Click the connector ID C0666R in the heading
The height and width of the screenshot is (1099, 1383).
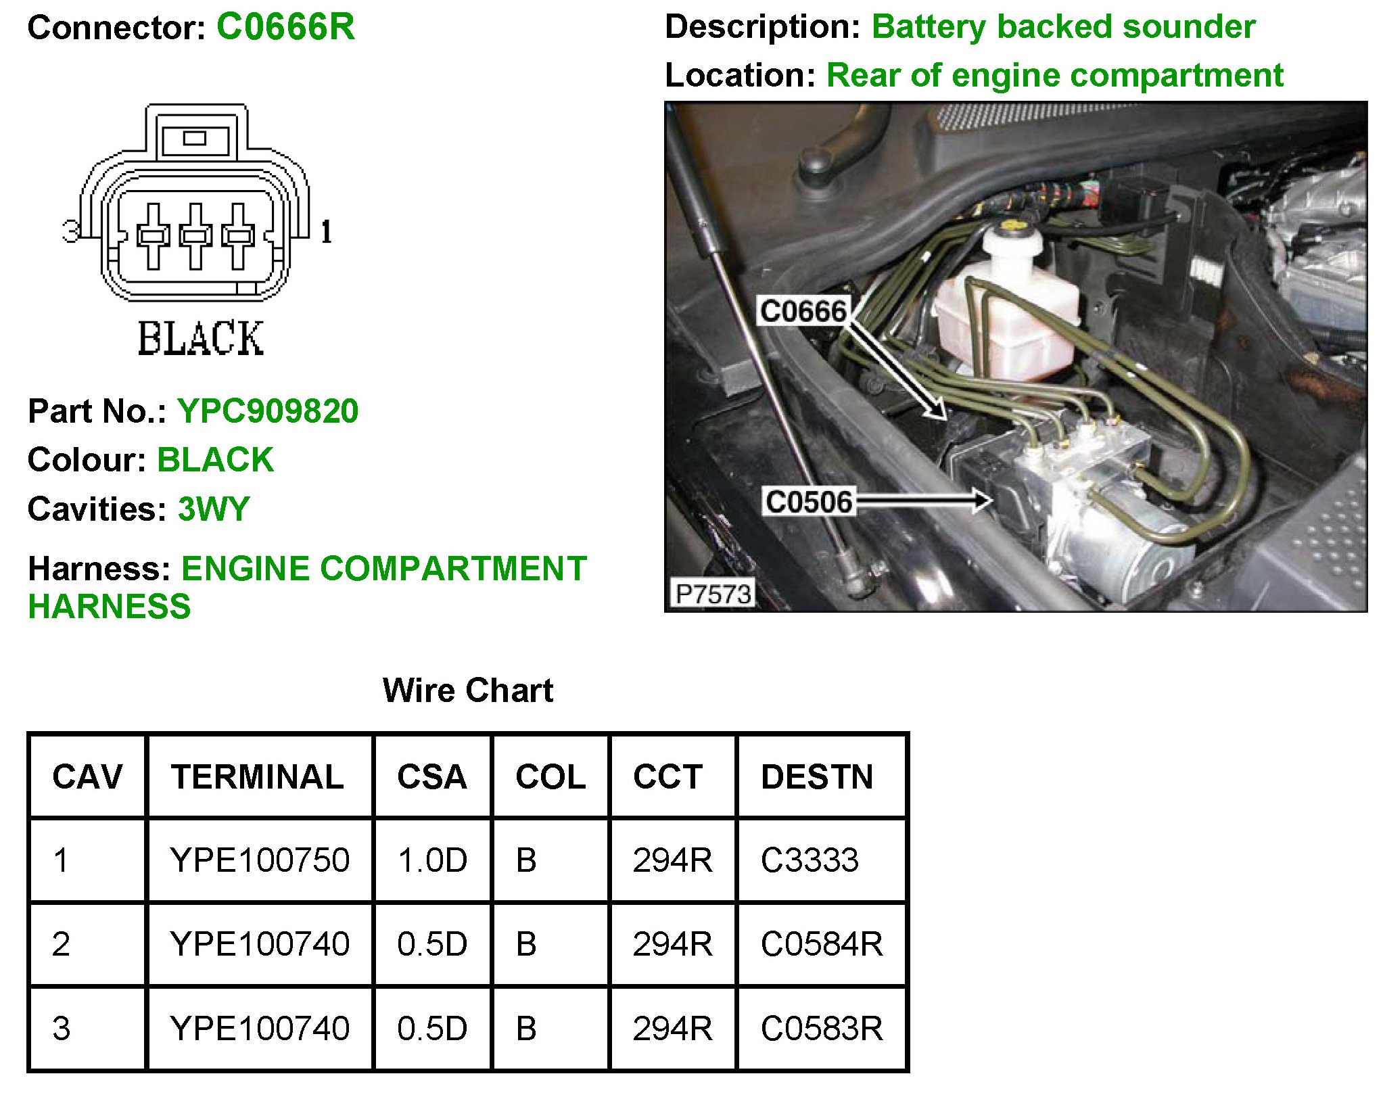pyautogui.click(x=285, y=28)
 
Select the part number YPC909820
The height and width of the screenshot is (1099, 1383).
pyautogui.click(x=268, y=411)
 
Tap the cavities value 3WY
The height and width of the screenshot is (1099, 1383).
pyautogui.click(x=214, y=509)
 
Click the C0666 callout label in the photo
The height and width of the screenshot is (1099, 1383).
pyautogui.click(x=803, y=311)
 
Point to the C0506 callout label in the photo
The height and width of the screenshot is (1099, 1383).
pyautogui.click(x=808, y=502)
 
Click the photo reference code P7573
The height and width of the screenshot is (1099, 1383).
pyautogui.click(x=713, y=594)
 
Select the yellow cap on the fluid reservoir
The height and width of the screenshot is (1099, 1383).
pyautogui.click(x=1012, y=224)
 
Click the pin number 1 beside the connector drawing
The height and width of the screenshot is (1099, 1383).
pyautogui.click(x=326, y=232)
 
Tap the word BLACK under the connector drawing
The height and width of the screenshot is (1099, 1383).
pyautogui.click(x=200, y=338)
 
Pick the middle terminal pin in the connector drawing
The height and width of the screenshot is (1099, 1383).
pyautogui.click(x=195, y=235)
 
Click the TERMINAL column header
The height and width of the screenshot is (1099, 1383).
pyautogui.click(x=257, y=776)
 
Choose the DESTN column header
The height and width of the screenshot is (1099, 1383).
pyautogui.click(x=817, y=776)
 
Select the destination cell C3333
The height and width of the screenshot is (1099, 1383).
pyautogui.click(x=810, y=860)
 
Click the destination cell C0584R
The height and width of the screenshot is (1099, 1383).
pyautogui.click(x=822, y=944)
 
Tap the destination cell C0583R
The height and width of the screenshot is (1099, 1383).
pyautogui.click(x=822, y=1029)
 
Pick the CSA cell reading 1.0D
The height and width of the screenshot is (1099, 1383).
pyautogui.click(x=432, y=860)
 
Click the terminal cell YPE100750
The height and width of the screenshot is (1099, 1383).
pyautogui.click(x=260, y=860)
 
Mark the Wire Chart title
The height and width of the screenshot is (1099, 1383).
pyautogui.click(x=467, y=691)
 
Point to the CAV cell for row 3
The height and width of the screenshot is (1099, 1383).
pyautogui.click(x=62, y=1029)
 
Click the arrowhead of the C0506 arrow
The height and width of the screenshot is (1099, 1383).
pyautogui.click(x=983, y=500)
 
